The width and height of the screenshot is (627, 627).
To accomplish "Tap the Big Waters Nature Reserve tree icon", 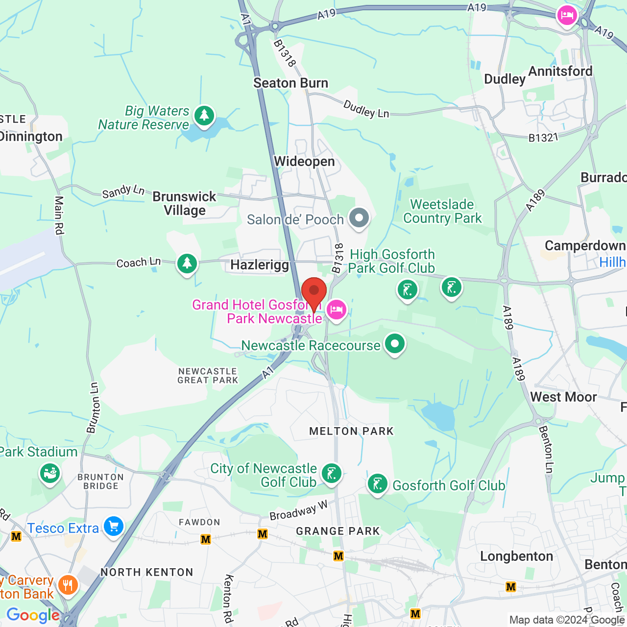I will (x=204, y=116).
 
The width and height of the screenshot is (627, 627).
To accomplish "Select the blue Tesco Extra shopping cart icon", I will (x=114, y=527).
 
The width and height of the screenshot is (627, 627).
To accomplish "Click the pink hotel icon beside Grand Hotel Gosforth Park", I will (x=337, y=310).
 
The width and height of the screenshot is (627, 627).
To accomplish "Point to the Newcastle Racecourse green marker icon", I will (x=394, y=344).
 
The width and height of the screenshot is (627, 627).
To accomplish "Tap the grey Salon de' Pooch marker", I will (x=359, y=217).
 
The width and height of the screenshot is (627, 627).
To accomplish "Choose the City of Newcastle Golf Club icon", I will (x=332, y=474).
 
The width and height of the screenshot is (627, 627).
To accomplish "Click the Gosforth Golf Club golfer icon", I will (x=377, y=484).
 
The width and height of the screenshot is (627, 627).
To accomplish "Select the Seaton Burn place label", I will (x=290, y=83).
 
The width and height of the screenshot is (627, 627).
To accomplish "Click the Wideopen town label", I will (x=304, y=162).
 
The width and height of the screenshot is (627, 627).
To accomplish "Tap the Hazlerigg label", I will (x=260, y=265).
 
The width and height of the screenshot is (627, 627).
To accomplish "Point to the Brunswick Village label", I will (x=185, y=203).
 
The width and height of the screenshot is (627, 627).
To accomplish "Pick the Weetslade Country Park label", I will (x=442, y=211).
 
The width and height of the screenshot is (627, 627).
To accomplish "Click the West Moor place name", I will (x=563, y=397).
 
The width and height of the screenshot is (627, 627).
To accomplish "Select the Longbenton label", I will (x=516, y=556).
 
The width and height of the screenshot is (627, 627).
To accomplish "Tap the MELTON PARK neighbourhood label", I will (x=351, y=431).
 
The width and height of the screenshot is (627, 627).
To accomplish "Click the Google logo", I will (x=33, y=615).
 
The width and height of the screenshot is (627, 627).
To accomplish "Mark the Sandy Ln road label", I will (x=123, y=192).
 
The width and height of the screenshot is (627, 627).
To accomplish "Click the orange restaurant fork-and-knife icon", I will (x=68, y=585).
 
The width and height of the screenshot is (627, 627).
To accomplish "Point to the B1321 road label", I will (x=543, y=138).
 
